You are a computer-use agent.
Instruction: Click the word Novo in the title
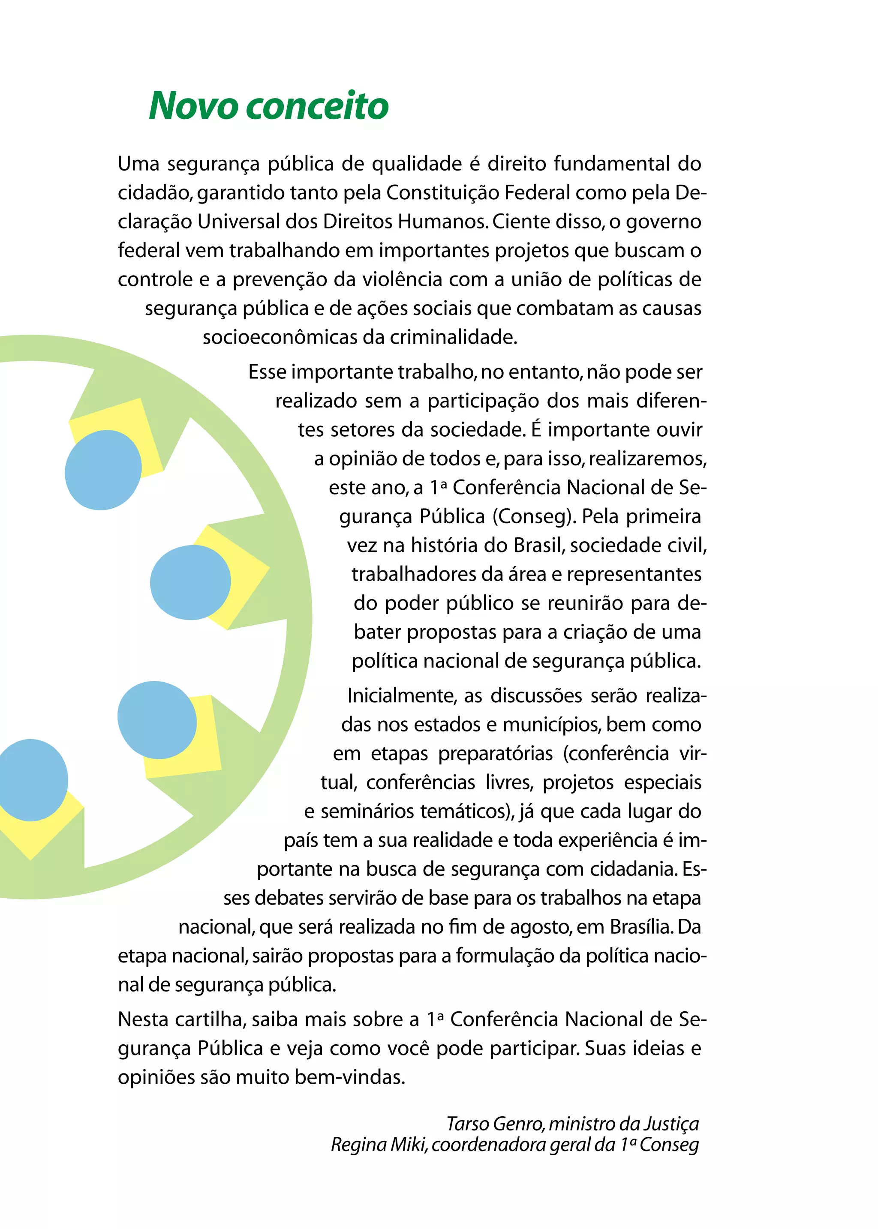pos(193,106)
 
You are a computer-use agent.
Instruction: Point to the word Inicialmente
pos(401,695)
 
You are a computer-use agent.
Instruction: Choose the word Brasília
pos(641,927)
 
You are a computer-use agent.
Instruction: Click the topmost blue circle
pos(103,470)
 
